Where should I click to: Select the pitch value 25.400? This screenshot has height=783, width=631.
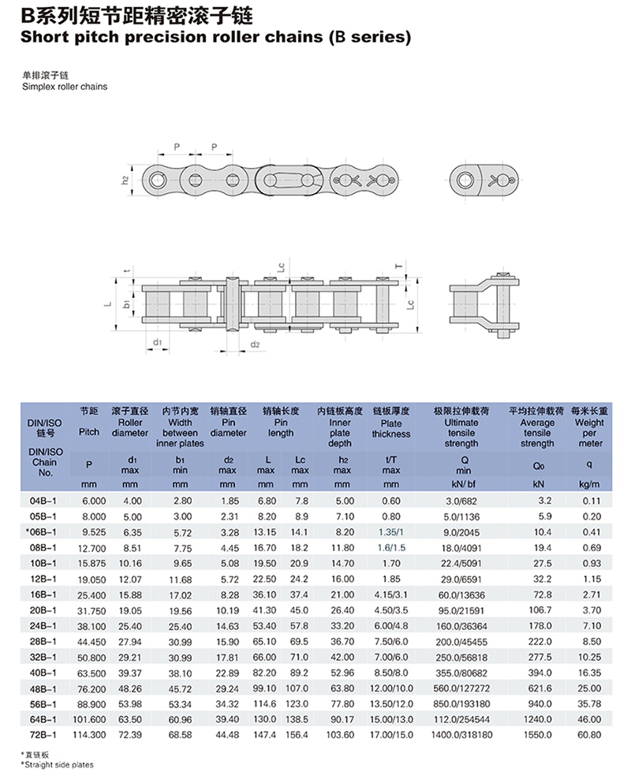pos(92,595)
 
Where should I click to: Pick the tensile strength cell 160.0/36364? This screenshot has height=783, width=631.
pos(461,626)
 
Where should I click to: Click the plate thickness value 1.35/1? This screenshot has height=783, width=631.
pos(391,532)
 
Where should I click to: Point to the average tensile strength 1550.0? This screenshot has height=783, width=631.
pos(538,735)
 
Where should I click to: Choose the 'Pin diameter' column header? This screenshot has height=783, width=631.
pos(228,427)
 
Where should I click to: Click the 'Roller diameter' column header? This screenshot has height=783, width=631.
pos(130,427)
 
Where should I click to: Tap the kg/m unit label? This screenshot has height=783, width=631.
pos(589,484)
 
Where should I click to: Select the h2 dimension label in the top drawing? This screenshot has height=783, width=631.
pos(125,180)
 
